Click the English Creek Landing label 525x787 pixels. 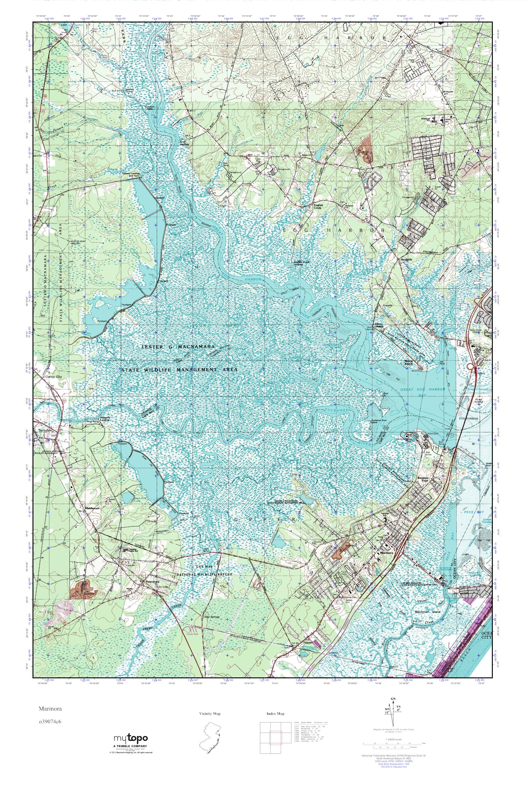click(x=301, y=263)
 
